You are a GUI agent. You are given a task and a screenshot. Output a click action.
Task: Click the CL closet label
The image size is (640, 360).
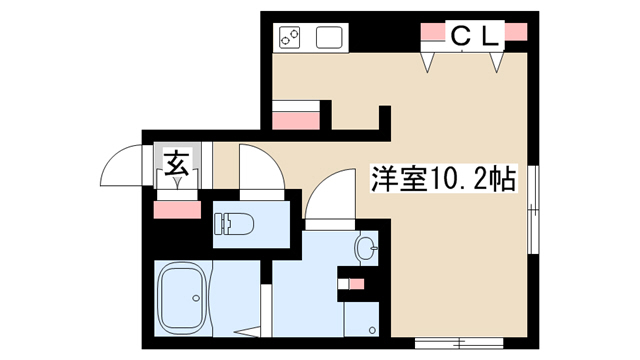click(475, 36)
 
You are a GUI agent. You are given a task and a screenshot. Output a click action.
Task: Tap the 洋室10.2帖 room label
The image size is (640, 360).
click(444, 179)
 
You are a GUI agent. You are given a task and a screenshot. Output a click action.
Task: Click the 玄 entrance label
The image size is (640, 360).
click(177, 163)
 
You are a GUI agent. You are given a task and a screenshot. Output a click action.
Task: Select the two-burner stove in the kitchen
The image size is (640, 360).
click(289, 38)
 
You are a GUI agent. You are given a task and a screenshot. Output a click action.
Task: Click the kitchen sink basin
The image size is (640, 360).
click(329, 38)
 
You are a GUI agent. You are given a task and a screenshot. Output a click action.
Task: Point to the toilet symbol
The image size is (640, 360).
click(234, 224)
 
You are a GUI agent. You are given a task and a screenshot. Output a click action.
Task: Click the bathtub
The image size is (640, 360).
click(182, 298)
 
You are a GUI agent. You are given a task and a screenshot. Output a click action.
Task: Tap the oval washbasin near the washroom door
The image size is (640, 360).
click(366, 248)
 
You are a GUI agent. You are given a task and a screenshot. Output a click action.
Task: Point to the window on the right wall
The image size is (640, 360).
click(533, 209)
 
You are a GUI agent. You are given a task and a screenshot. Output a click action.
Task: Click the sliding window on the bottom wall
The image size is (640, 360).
click(459, 343)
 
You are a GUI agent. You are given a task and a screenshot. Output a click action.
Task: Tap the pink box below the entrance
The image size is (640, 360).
click(177, 210)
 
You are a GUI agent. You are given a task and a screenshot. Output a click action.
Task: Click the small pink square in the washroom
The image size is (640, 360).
click(357, 284)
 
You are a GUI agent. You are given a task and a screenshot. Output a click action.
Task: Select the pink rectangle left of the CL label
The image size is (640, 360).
click(433, 32)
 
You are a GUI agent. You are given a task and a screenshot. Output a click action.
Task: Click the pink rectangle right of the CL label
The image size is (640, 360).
click(516, 32)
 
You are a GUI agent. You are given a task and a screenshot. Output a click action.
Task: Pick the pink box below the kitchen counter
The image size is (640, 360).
click(296, 121)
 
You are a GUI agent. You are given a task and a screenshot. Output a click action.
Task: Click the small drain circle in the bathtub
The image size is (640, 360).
click(196, 298)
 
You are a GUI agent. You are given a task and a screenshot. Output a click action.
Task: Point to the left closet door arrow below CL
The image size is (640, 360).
click(427, 62)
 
